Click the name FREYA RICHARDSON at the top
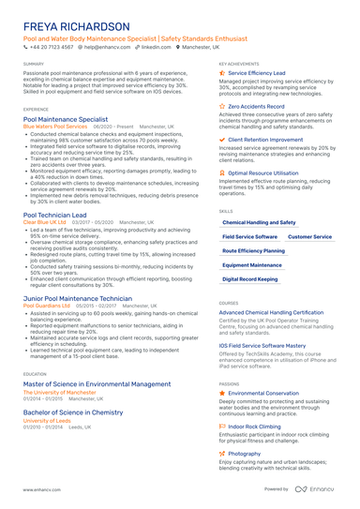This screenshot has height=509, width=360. [x=77, y=26]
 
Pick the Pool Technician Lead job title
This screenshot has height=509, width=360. [x=59, y=215]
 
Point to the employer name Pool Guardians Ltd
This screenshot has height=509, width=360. [x=47, y=306]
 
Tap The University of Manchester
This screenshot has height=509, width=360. [x=60, y=391]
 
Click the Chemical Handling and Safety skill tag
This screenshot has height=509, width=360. [x=258, y=222]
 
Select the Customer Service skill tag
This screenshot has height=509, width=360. [x=308, y=237]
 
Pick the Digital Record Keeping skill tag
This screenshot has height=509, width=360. [x=250, y=279]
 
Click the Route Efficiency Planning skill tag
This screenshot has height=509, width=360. [x=254, y=251]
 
